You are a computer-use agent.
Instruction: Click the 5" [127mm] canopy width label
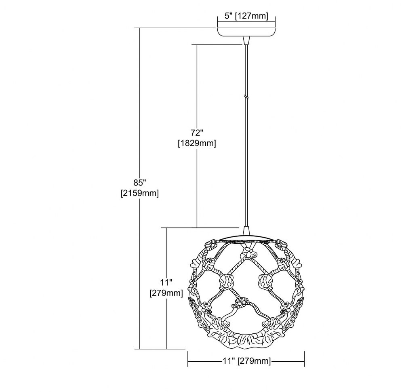click(x=246, y=16)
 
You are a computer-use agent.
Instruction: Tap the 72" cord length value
click(x=197, y=133)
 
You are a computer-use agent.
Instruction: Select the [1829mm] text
click(x=197, y=143)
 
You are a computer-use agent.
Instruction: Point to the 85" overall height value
click(x=140, y=183)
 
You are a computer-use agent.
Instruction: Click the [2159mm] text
click(x=140, y=193)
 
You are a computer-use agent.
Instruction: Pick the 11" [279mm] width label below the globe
click(x=246, y=361)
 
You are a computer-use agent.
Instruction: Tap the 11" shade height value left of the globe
click(x=166, y=283)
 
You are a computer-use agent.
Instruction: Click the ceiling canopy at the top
click(x=246, y=32)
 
